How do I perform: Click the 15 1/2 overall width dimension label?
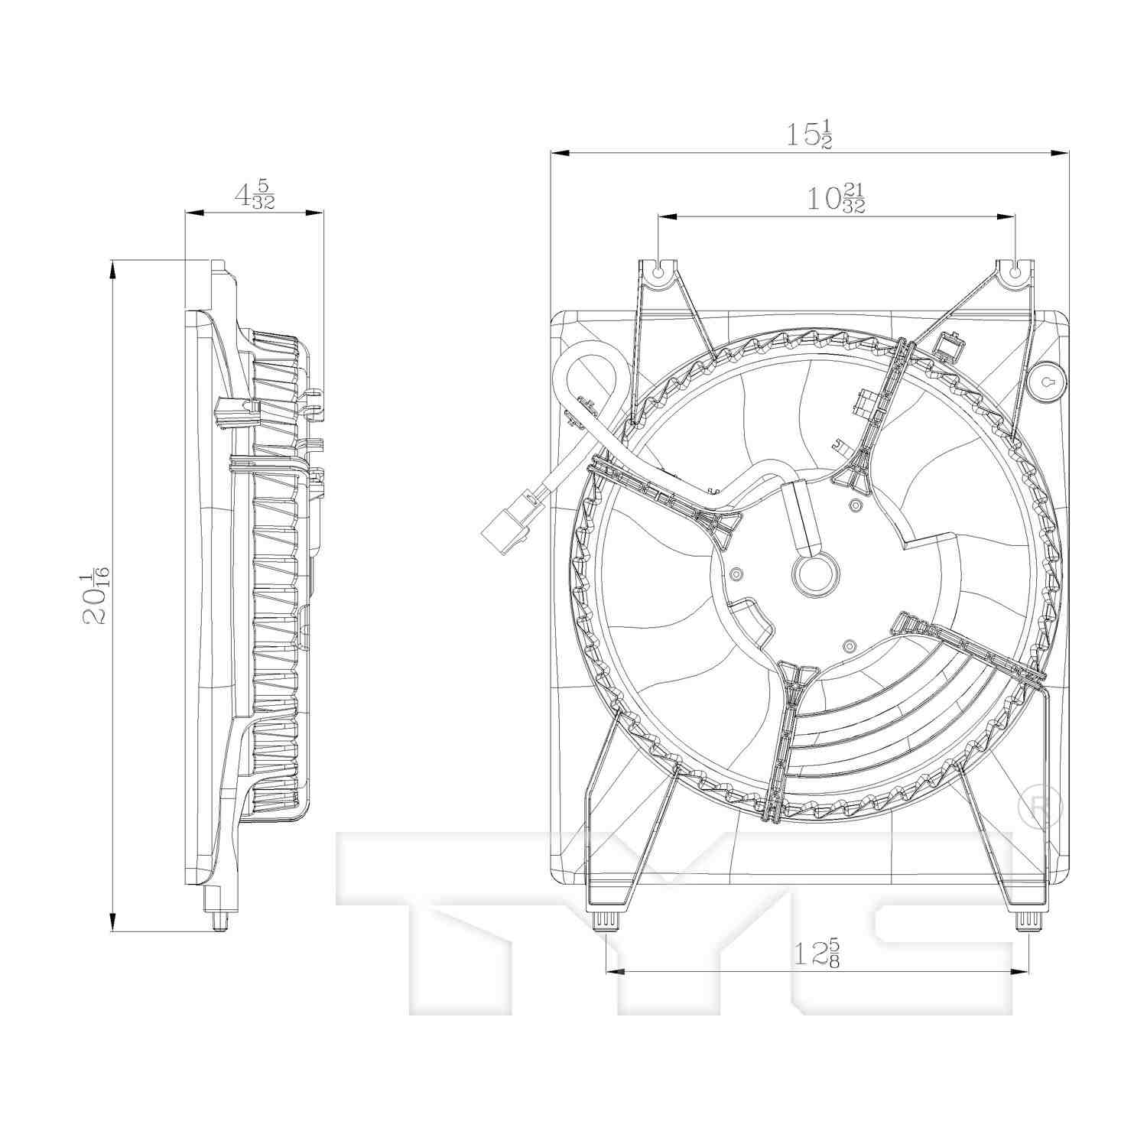[809, 135]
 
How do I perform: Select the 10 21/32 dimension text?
[836, 199]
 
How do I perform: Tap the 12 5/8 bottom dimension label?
[816, 953]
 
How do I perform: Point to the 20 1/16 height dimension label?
[96, 596]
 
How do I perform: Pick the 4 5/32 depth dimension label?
[254, 194]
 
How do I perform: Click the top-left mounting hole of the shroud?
[658, 269]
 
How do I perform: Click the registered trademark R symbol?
[1041, 806]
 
